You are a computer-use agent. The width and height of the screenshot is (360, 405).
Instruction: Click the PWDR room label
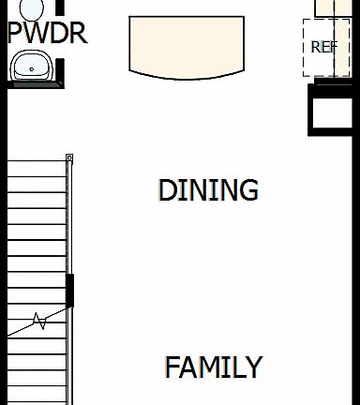pyautogui.click(x=47, y=35)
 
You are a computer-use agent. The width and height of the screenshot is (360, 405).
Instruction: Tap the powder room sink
pyautogui.click(x=33, y=66)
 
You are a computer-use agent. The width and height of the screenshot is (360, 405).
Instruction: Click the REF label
pyautogui.click(x=323, y=47)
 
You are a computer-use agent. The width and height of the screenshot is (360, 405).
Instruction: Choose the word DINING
pyautogui.click(x=208, y=190)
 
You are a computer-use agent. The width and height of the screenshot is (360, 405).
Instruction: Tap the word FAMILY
pyautogui.click(x=214, y=367)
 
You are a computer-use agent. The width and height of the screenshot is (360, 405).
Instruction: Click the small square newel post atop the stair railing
pyautogui.click(x=69, y=157)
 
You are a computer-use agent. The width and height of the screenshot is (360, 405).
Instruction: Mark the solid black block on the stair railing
pyautogui.click(x=69, y=290)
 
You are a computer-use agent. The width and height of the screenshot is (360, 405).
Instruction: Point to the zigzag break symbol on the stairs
pyautogui.click(x=39, y=322)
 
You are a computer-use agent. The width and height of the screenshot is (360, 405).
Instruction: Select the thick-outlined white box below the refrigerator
pyautogui.click(x=334, y=112)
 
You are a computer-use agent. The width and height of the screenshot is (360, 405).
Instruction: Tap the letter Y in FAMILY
pyautogui.click(x=253, y=367)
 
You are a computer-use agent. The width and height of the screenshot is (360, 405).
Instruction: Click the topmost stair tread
pyautogui.click(x=37, y=167)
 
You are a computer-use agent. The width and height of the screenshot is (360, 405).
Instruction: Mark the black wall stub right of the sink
pyautogui.click(x=60, y=71)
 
